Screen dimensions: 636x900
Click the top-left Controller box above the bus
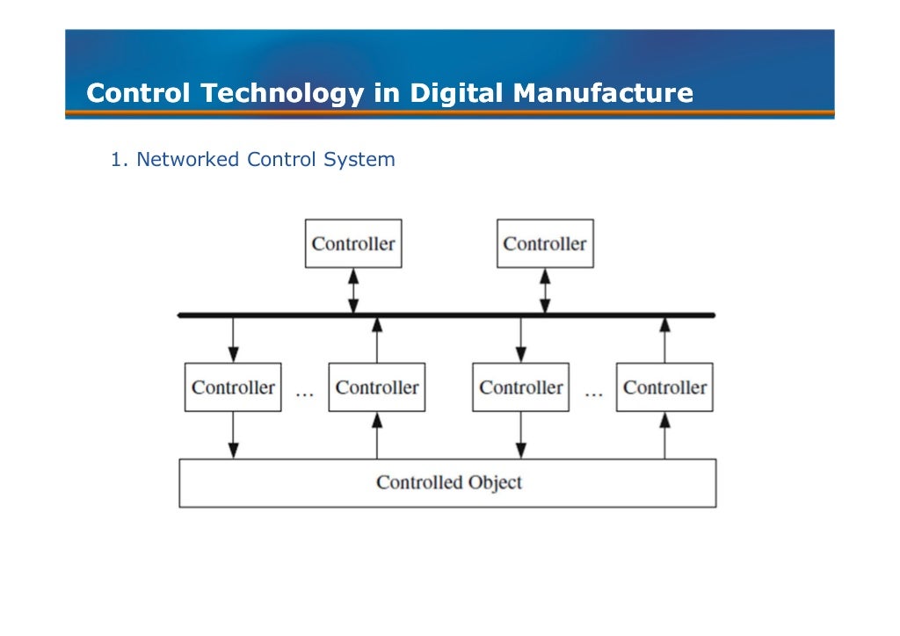point(353,243)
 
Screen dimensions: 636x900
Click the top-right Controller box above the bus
point(545,243)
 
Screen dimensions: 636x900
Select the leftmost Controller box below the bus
point(233,387)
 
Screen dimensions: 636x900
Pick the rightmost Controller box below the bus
point(664,387)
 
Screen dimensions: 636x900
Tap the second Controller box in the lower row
point(377,387)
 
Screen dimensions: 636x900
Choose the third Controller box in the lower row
point(521,387)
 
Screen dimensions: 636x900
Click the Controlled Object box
point(447,483)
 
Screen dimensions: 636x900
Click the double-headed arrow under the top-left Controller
point(353,291)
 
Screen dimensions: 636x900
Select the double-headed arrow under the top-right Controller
point(545,291)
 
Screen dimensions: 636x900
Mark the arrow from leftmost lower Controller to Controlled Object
point(233,435)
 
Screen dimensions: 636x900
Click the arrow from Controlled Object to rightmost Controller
point(664,435)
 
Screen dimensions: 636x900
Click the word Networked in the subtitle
point(187,160)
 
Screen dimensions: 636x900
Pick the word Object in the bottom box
point(495,482)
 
